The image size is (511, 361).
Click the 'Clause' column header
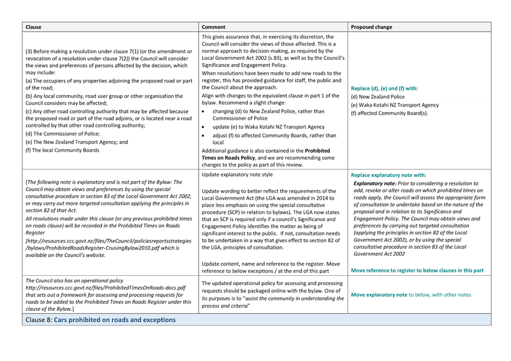[33, 27]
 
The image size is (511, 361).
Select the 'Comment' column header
[213, 27]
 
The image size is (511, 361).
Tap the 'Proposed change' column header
[371, 27]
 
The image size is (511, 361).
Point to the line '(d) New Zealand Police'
[378, 97]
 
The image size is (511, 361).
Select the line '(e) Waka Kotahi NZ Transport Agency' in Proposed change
[394, 105]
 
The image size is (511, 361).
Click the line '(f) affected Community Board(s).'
[390, 113]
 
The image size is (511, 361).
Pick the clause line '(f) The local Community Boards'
[62, 150]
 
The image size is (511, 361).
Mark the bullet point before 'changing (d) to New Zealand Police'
[204, 111]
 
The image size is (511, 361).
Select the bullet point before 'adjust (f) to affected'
[204, 135]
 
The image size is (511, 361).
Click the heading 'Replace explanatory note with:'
[388, 175]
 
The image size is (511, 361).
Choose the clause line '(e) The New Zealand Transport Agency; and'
[77, 142]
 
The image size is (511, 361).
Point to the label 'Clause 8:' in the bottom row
[38, 319]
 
